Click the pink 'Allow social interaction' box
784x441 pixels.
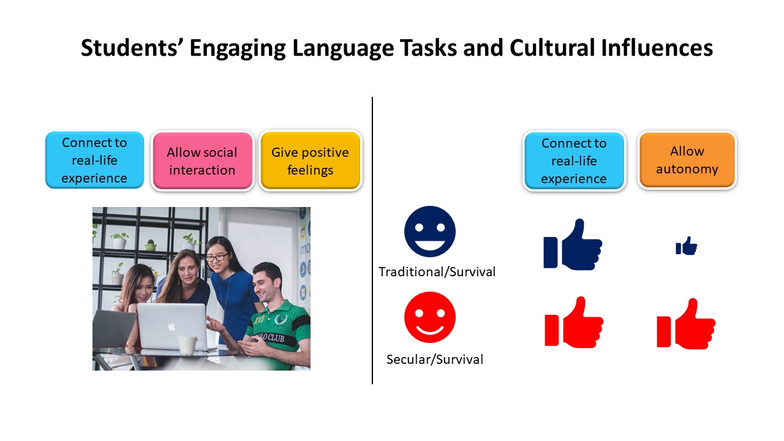(x=202, y=161)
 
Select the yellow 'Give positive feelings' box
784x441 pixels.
(x=310, y=161)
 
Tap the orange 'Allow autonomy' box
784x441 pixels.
(x=687, y=160)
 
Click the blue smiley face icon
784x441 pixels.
(x=430, y=232)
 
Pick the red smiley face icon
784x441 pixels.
(x=430, y=317)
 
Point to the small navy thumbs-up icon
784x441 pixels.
(x=687, y=246)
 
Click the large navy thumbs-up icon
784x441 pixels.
(x=573, y=244)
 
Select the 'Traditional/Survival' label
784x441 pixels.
(x=437, y=272)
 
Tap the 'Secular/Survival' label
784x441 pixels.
(x=435, y=360)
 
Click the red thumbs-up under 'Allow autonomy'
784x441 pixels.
(x=686, y=324)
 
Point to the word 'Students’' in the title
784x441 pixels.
(x=129, y=48)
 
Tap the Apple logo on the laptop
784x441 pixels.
(x=171, y=327)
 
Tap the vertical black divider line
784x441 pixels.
(x=372, y=241)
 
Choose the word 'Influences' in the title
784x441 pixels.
(x=657, y=48)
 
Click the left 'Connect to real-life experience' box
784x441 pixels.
(x=94, y=160)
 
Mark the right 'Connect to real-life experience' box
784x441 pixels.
(x=574, y=161)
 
